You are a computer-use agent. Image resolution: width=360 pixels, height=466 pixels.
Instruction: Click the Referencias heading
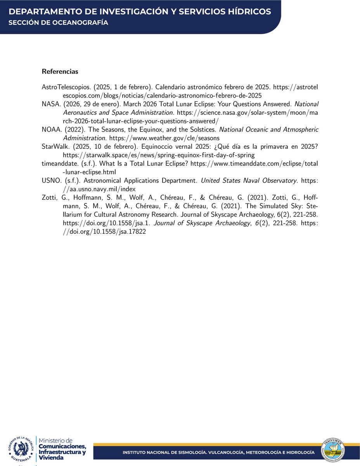(60, 71)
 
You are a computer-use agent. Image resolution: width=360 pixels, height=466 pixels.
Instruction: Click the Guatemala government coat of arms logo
(20, 450)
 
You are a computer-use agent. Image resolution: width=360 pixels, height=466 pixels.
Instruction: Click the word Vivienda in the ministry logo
(52, 458)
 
